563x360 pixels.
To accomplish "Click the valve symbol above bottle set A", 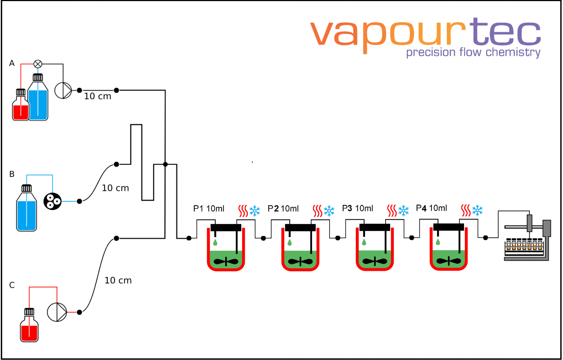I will point(38,64).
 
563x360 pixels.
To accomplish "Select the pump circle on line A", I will point(63,90).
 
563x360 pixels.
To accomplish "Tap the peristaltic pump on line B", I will point(52,201).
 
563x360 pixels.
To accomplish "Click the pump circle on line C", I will point(57,312).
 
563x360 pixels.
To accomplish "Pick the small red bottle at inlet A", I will point(21,107).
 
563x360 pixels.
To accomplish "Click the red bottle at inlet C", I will point(29,328).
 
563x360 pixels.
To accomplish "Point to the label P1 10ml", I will point(209,208).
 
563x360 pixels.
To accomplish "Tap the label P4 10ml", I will point(431,208).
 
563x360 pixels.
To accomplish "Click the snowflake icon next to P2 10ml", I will point(329,211).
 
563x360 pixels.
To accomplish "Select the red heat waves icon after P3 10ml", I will point(392,211).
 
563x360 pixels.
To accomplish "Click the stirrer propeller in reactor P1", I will point(226,261).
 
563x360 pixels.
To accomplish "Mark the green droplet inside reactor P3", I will point(364,242).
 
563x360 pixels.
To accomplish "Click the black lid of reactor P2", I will point(300,227).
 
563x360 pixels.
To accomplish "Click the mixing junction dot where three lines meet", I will point(165,164).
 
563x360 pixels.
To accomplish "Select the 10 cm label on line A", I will point(97,96).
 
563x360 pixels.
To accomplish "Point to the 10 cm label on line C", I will point(118,281).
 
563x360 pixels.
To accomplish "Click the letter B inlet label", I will point(12,174).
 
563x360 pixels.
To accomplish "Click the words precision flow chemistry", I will point(473,52).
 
